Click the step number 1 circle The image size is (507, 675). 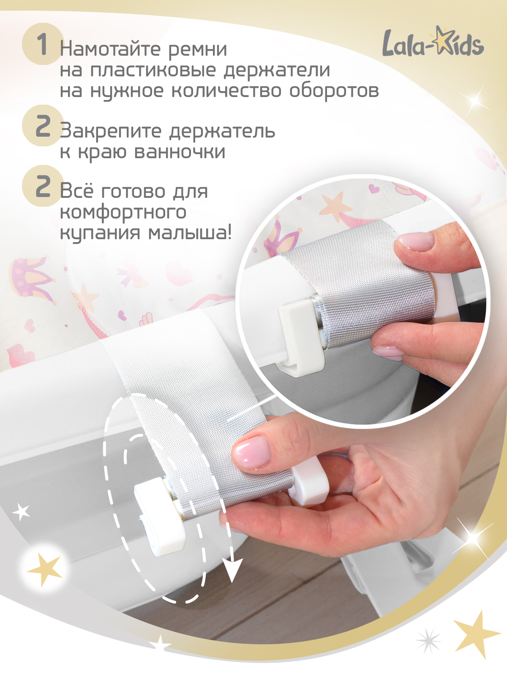[x=42, y=44]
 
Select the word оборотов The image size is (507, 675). [x=334, y=91]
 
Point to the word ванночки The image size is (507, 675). [x=180, y=152]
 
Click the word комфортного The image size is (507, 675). [x=123, y=212]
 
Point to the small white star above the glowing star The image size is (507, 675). [x=22, y=512]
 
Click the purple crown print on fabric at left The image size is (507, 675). [x=32, y=278]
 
